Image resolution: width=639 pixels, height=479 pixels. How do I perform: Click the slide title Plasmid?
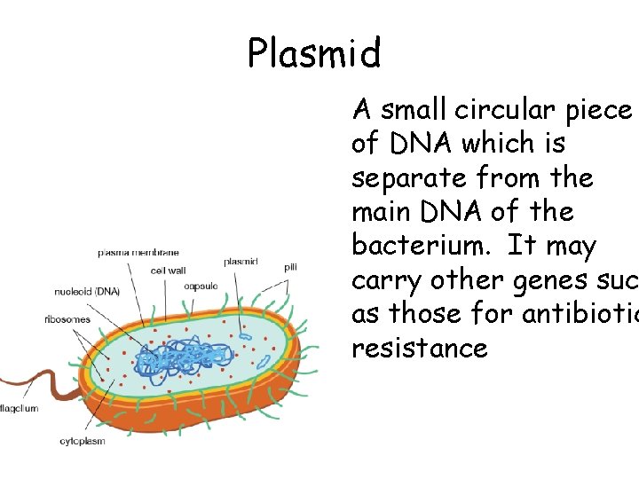314,53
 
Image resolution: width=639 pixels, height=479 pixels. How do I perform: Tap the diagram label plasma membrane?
138,253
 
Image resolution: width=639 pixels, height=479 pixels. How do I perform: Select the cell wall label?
168,271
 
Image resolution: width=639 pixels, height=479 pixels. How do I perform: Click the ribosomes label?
67,319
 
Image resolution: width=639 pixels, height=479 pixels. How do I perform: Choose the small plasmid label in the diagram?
241,262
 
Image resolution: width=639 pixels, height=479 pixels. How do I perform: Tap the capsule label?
201,286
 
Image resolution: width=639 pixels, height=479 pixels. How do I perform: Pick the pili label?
290,266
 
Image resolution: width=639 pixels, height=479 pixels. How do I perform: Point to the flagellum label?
18,408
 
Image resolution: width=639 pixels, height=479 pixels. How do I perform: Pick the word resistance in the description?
420,348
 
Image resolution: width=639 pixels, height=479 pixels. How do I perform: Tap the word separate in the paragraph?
401,177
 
